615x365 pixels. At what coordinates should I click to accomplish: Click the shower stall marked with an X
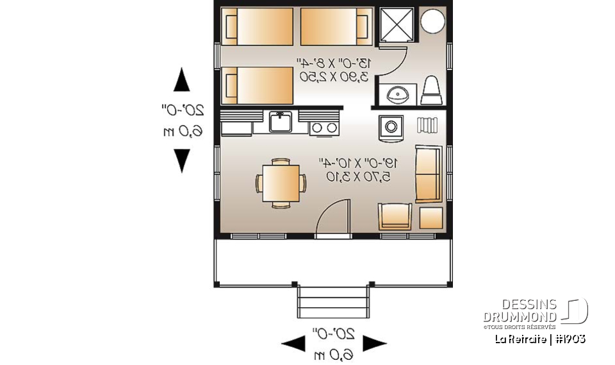point(398,25)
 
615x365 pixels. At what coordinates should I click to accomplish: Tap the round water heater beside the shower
point(432,22)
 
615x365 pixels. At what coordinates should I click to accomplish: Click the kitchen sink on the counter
point(281,121)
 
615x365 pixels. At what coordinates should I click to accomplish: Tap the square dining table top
point(281,182)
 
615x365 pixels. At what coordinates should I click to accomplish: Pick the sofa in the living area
point(428,174)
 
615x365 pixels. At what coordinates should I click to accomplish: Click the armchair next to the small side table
point(395,216)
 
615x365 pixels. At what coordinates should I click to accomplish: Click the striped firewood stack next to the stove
point(427,124)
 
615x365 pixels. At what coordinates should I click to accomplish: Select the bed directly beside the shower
point(336,27)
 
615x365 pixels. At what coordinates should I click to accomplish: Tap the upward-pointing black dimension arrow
point(182,81)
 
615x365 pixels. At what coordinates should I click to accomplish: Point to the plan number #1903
point(570,339)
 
